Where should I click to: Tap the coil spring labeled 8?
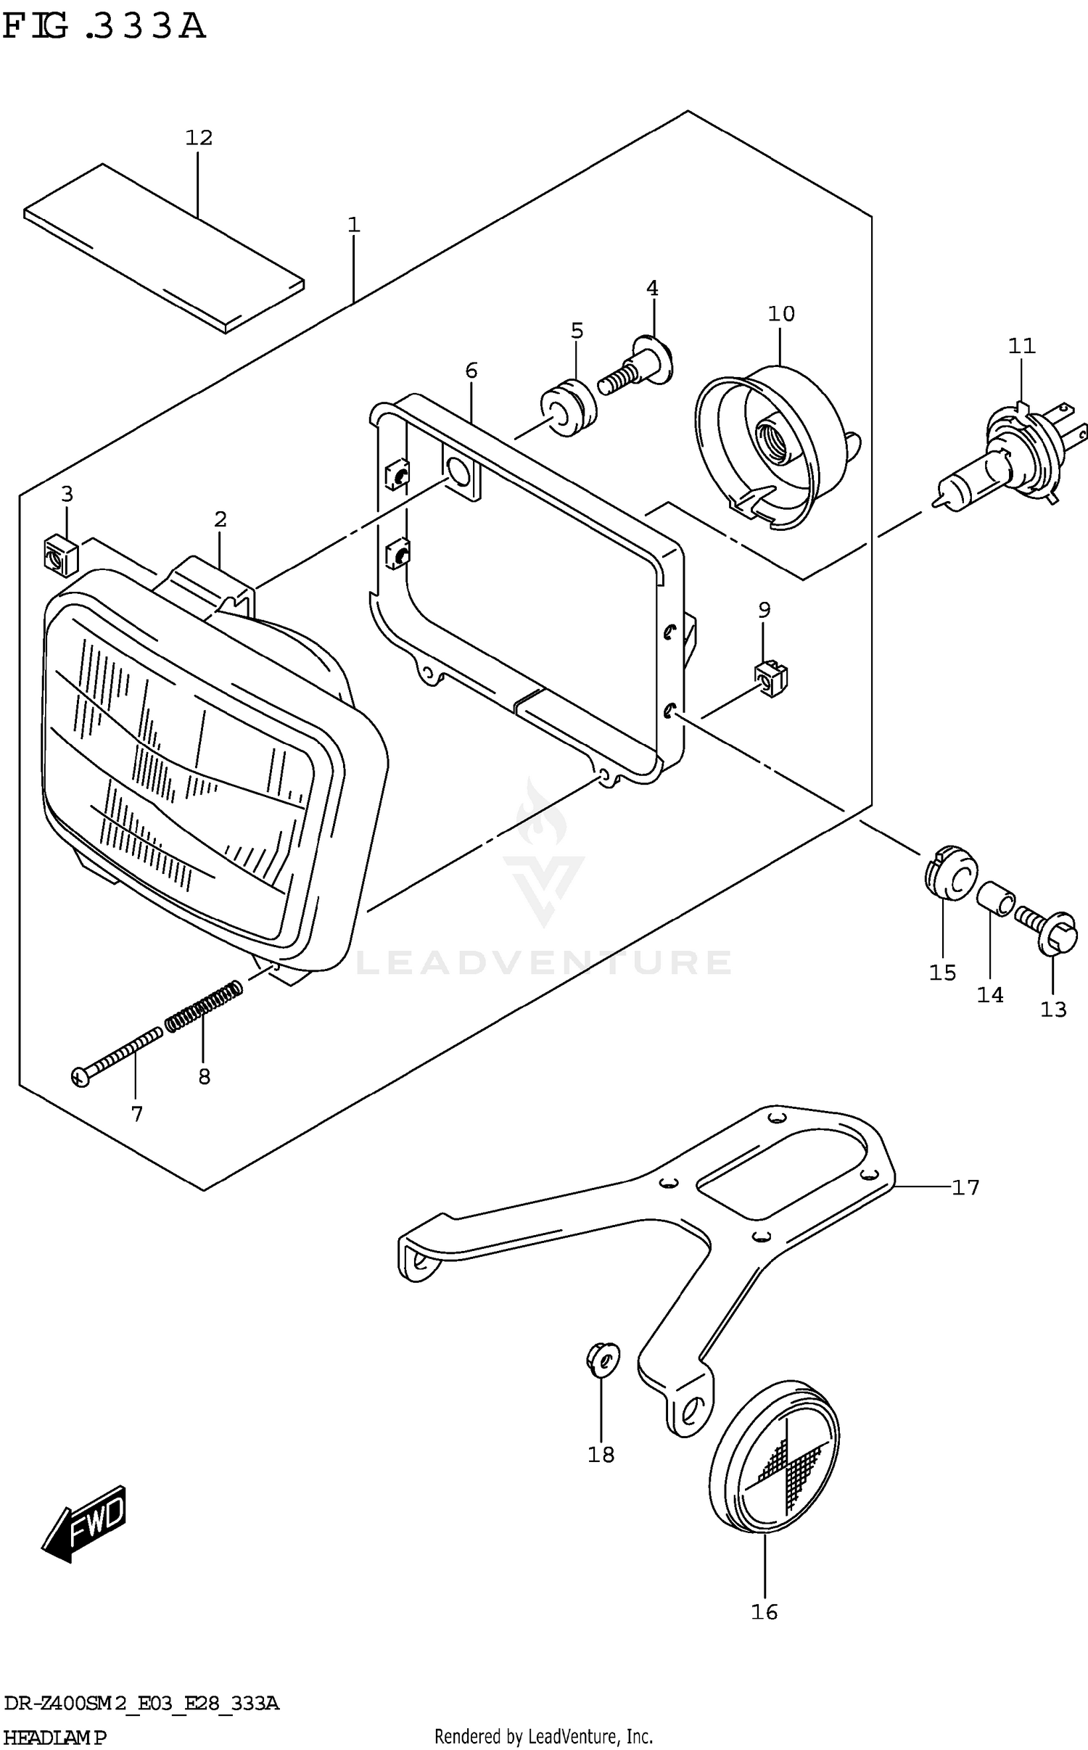pos(204,1004)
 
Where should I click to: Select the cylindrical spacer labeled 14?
pos(994,900)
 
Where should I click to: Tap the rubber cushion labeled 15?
pos(951,874)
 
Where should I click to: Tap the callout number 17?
pos(965,1188)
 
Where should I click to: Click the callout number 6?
pos(471,371)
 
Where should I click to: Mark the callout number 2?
pos(221,519)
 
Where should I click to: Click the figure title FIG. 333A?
pos(104,27)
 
